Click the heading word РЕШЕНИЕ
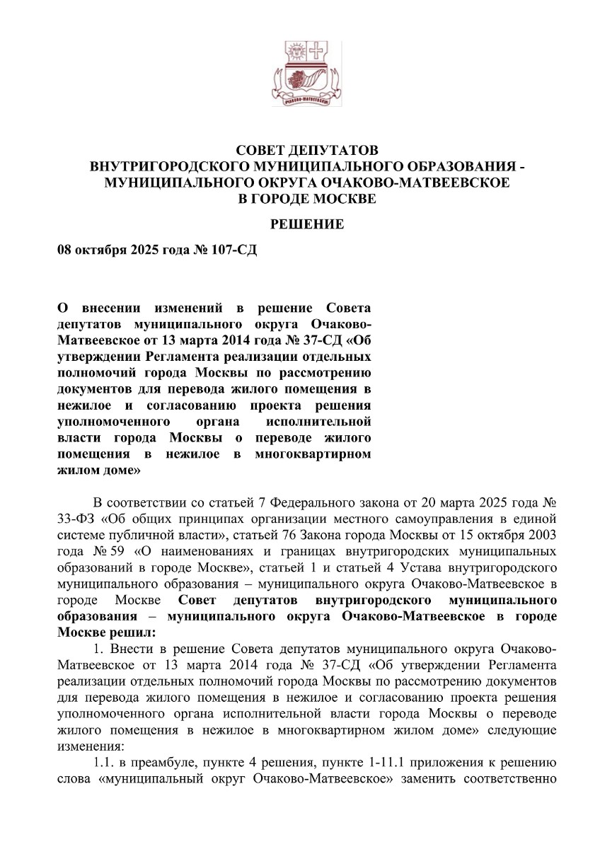[x=308, y=224]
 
